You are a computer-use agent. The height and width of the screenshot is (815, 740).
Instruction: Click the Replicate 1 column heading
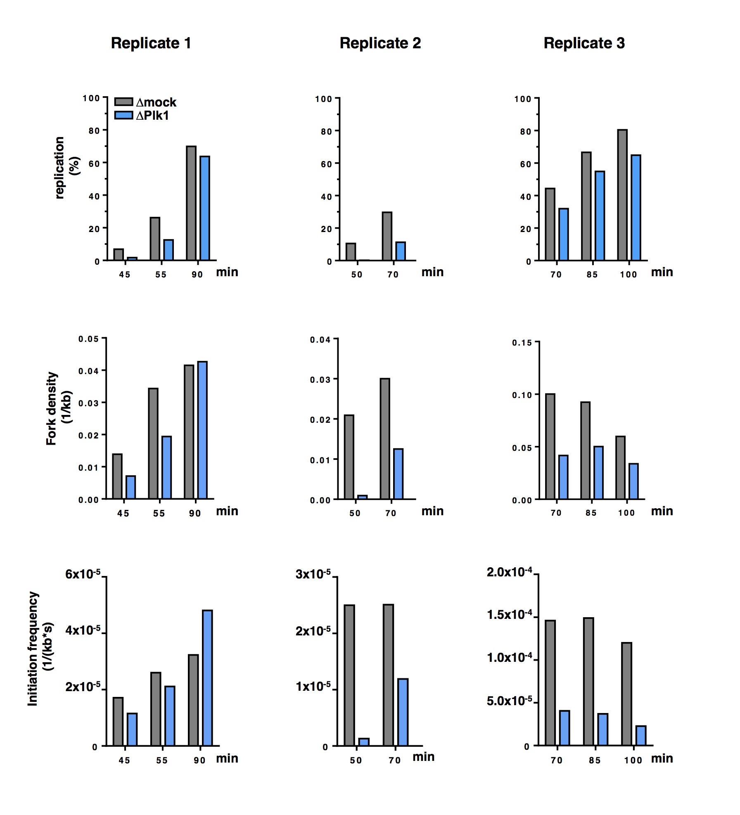151,43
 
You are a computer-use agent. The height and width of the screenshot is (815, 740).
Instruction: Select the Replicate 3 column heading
584,43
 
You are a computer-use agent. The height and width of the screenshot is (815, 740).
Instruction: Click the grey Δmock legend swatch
123,102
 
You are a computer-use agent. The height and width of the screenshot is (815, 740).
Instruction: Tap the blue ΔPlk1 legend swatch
123,115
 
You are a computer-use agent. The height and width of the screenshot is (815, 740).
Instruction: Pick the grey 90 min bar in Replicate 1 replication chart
191,203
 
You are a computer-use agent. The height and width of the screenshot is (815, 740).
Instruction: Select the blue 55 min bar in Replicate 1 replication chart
168,250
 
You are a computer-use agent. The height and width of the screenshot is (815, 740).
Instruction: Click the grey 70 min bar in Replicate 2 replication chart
387,236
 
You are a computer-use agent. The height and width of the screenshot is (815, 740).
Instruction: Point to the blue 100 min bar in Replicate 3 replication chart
636,208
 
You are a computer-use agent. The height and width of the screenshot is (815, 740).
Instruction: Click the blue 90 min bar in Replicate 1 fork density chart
202,430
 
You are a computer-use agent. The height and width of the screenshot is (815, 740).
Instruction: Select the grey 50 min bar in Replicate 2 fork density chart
349,457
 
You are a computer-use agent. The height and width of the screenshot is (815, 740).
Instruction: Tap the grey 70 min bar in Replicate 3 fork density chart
550,446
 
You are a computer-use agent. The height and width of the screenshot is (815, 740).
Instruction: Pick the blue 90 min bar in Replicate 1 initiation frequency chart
207,678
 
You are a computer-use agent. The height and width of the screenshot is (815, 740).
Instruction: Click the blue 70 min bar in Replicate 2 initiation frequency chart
403,712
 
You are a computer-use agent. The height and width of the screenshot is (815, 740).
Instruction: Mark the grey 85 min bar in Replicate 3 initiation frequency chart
588,682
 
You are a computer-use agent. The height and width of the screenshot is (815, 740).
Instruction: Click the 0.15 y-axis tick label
522,343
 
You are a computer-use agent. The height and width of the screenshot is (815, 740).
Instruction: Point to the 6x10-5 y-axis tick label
83,574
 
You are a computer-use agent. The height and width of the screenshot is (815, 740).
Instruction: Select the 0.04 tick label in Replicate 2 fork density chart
320,340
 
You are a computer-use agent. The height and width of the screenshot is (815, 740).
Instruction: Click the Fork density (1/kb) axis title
58,408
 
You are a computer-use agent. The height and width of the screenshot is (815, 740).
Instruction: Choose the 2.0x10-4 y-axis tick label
509,572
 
